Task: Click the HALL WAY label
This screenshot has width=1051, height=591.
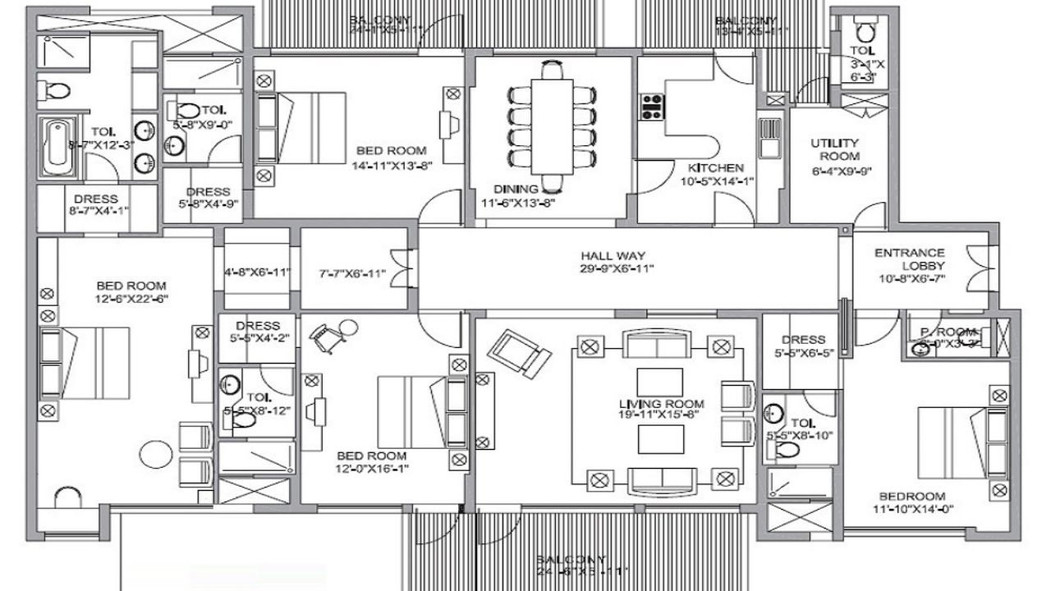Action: (x=617, y=254)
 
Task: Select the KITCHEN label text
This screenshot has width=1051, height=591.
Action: (x=715, y=168)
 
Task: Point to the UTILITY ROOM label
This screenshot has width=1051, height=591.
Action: (x=834, y=149)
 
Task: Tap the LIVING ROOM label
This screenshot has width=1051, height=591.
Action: (x=662, y=404)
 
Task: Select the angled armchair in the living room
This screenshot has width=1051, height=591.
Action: (x=518, y=350)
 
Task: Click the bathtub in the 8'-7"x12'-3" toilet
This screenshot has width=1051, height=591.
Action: (x=56, y=145)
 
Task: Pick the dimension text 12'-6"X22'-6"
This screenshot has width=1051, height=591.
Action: (x=131, y=299)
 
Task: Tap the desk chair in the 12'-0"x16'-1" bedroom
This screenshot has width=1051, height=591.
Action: (x=330, y=336)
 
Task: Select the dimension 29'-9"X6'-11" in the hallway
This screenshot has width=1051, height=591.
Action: (x=617, y=268)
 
